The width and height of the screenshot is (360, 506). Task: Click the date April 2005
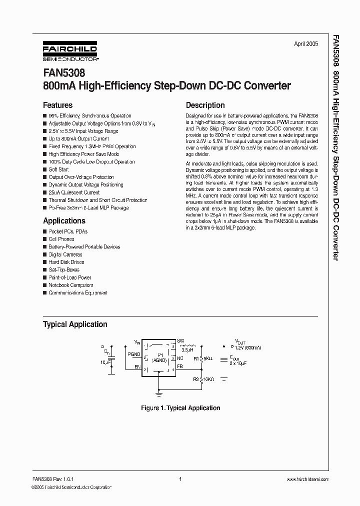[305, 44]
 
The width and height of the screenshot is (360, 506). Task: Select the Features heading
[57, 105]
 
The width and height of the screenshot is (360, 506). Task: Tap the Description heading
[205, 105]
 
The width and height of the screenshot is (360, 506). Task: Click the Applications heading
[64, 221]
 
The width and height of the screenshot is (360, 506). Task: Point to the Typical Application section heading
[75, 324]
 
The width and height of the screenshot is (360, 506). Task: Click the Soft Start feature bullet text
[59, 169]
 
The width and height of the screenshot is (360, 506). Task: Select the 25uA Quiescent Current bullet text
[74, 192]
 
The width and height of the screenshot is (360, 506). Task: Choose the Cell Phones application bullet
[61, 239]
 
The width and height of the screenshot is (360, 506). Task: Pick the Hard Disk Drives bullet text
[66, 262]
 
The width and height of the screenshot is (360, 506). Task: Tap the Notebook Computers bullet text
[71, 285]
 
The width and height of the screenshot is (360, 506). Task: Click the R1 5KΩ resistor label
[203, 358]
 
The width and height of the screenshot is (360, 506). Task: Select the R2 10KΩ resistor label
[204, 380]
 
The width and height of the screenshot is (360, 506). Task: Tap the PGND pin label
[134, 354]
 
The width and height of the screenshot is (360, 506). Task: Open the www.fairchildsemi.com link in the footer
[308, 479]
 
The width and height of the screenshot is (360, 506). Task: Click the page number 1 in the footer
[179, 479]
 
